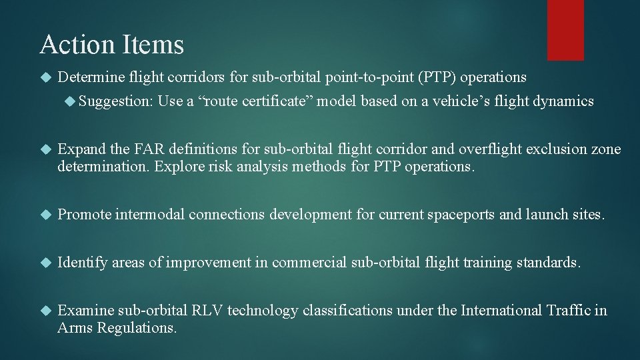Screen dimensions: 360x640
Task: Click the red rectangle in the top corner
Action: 565,30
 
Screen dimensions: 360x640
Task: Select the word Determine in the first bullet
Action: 87,78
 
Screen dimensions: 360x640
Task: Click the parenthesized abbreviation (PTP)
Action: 437,78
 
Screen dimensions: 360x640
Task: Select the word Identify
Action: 83,263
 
